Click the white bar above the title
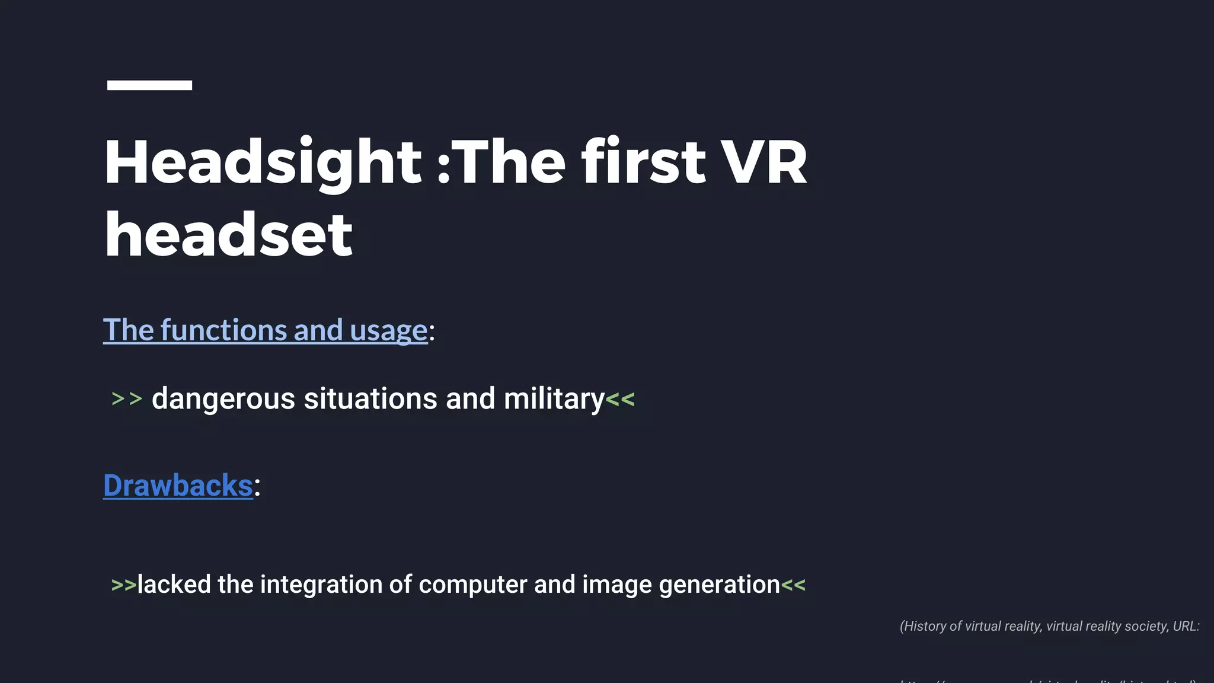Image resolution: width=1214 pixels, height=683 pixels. click(149, 85)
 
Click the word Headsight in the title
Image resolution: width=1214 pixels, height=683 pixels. click(263, 162)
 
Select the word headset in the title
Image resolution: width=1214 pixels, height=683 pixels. click(229, 235)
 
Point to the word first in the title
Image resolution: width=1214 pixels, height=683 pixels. click(644, 162)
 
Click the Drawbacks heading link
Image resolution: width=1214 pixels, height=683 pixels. click(178, 486)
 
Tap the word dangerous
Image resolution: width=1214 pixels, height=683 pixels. click(223, 399)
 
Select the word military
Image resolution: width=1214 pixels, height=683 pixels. click(554, 399)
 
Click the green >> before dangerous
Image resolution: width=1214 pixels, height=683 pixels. click(127, 399)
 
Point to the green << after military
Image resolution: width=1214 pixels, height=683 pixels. click(620, 399)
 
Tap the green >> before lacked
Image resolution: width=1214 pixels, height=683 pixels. click(123, 585)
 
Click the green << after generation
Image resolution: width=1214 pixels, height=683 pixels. click(793, 585)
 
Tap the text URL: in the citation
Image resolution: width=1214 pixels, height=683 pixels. click(1186, 627)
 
